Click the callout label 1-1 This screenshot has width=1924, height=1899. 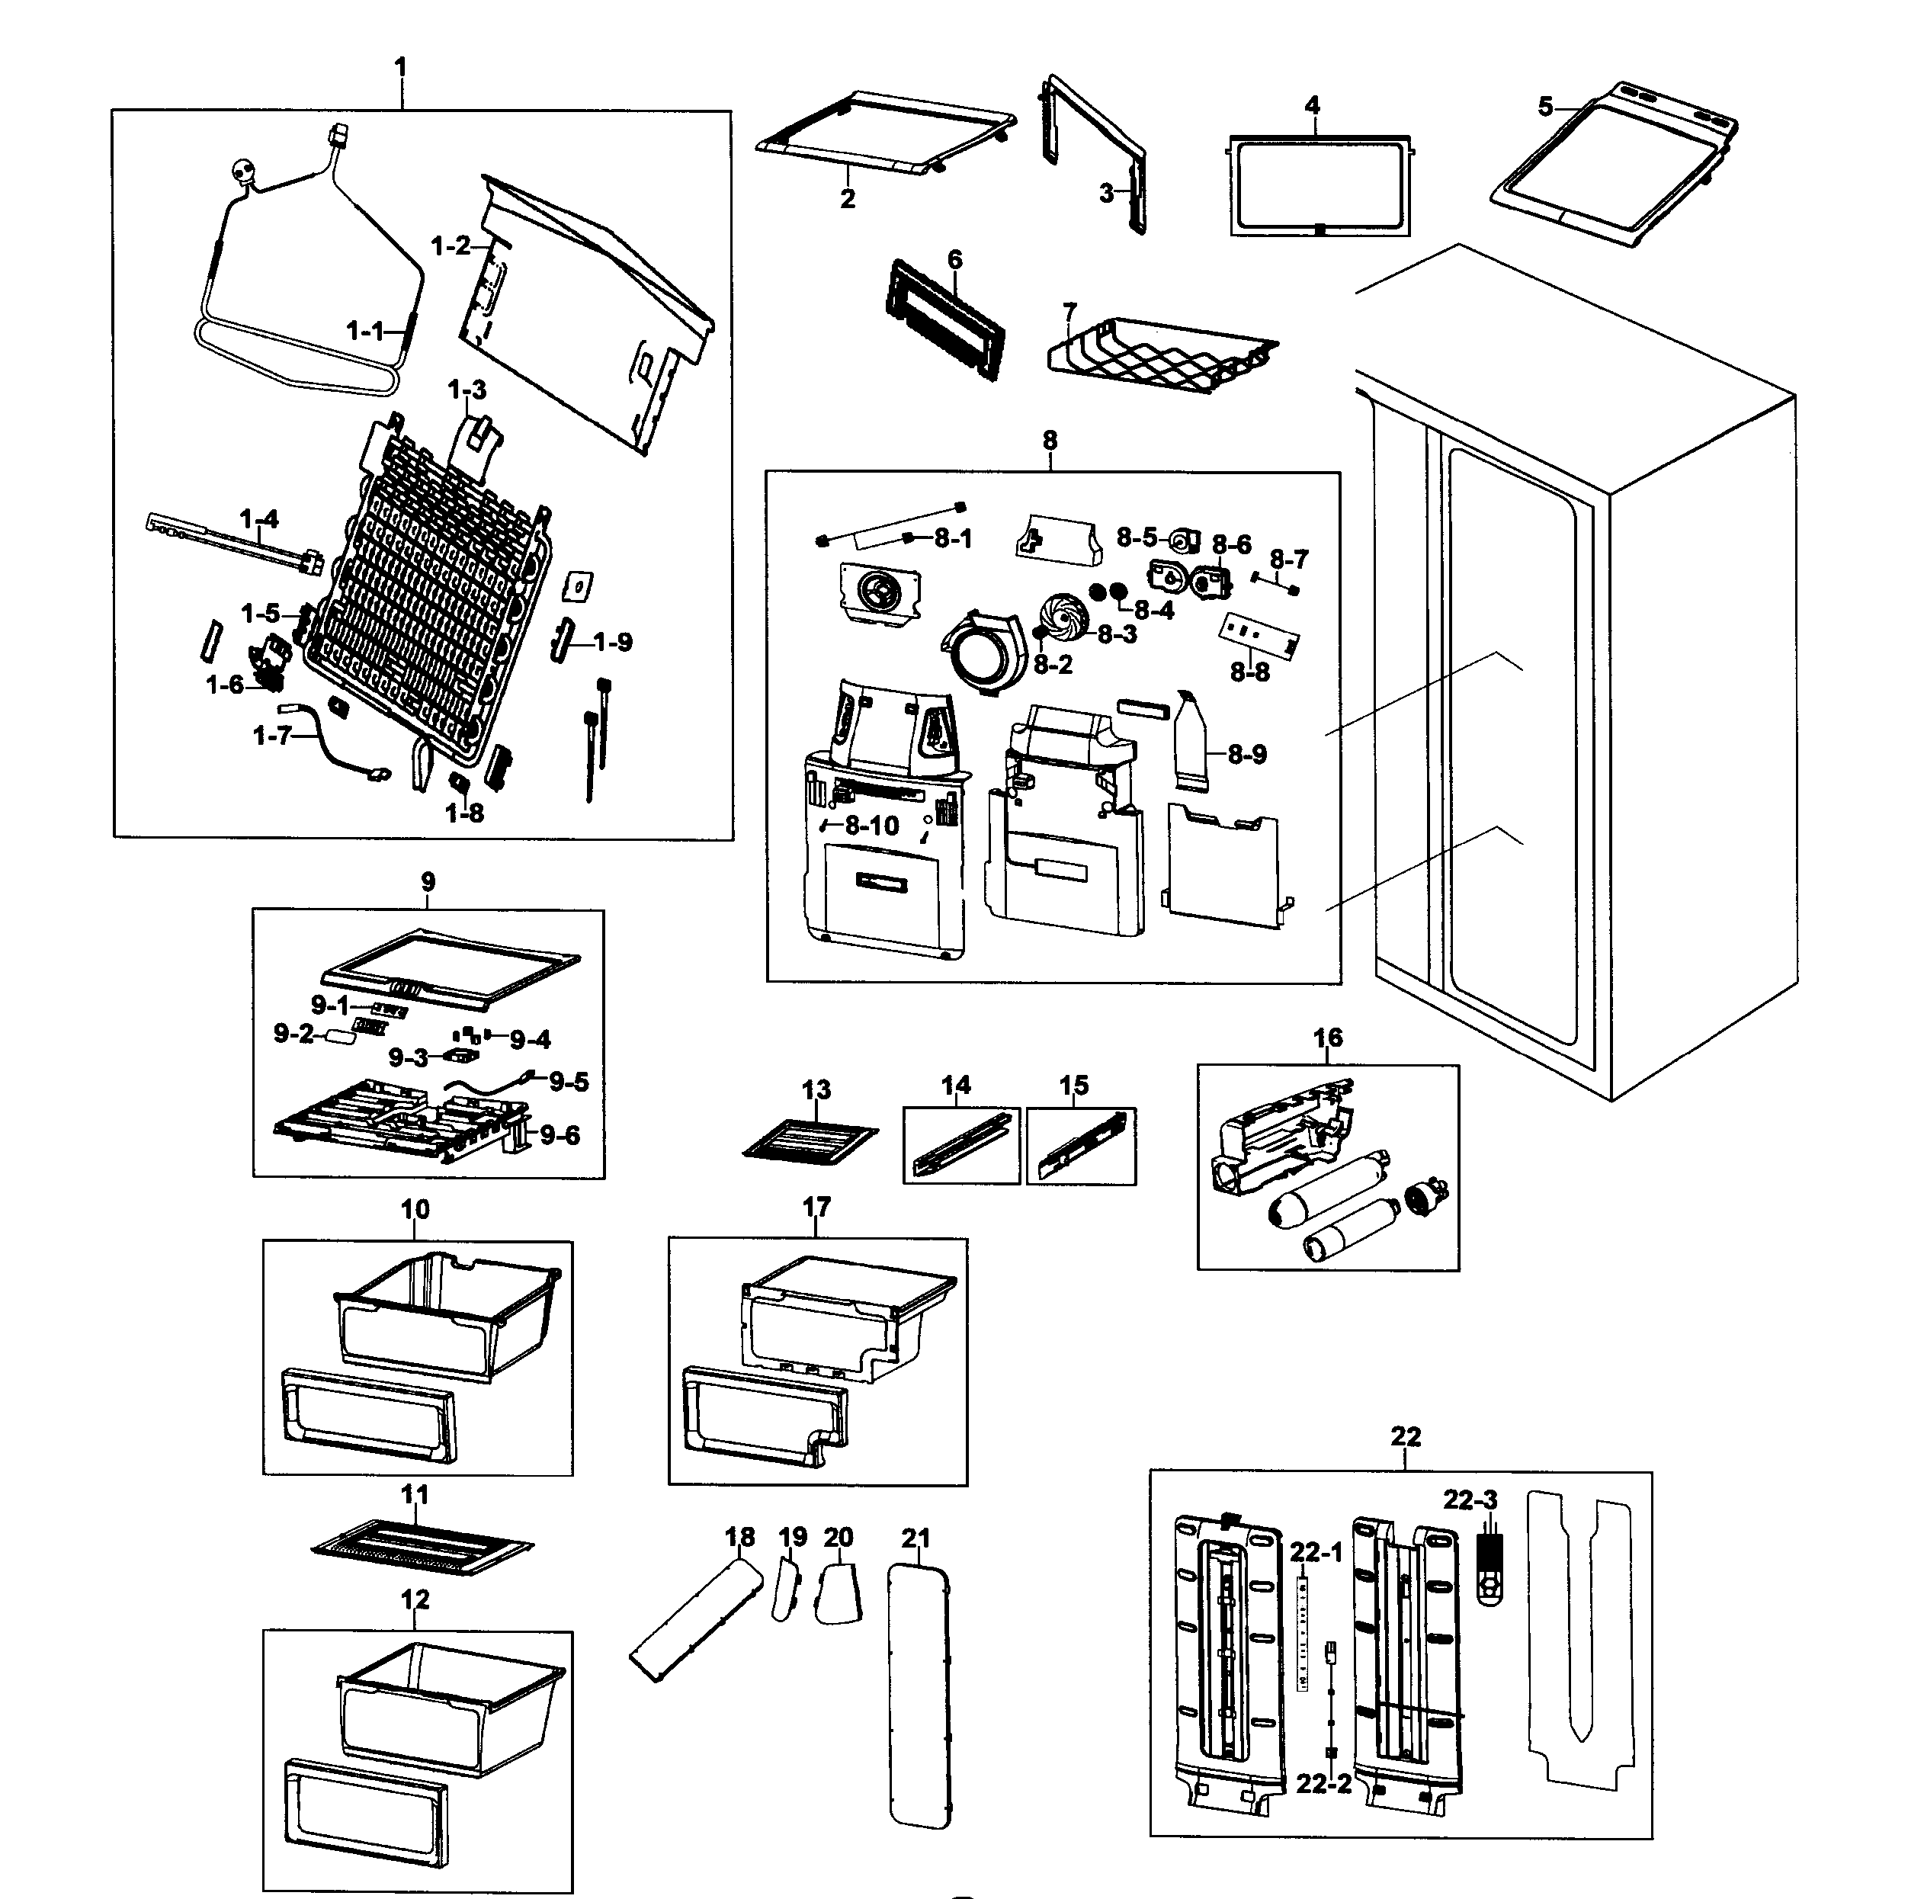click(364, 331)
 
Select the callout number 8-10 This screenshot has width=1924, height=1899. click(871, 826)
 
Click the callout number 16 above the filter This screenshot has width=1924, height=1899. click(1327, 1038)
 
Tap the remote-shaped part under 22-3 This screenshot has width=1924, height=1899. click(1488, 1570)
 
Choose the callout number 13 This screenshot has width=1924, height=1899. click(816, 1090)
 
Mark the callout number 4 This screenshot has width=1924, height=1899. click(1313, 105)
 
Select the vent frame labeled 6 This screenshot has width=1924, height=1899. click(943, 322)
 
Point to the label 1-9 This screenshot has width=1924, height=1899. click(612, 643)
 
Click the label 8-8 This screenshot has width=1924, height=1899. click(1250, 672)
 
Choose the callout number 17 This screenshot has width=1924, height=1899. click(816, 1207)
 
